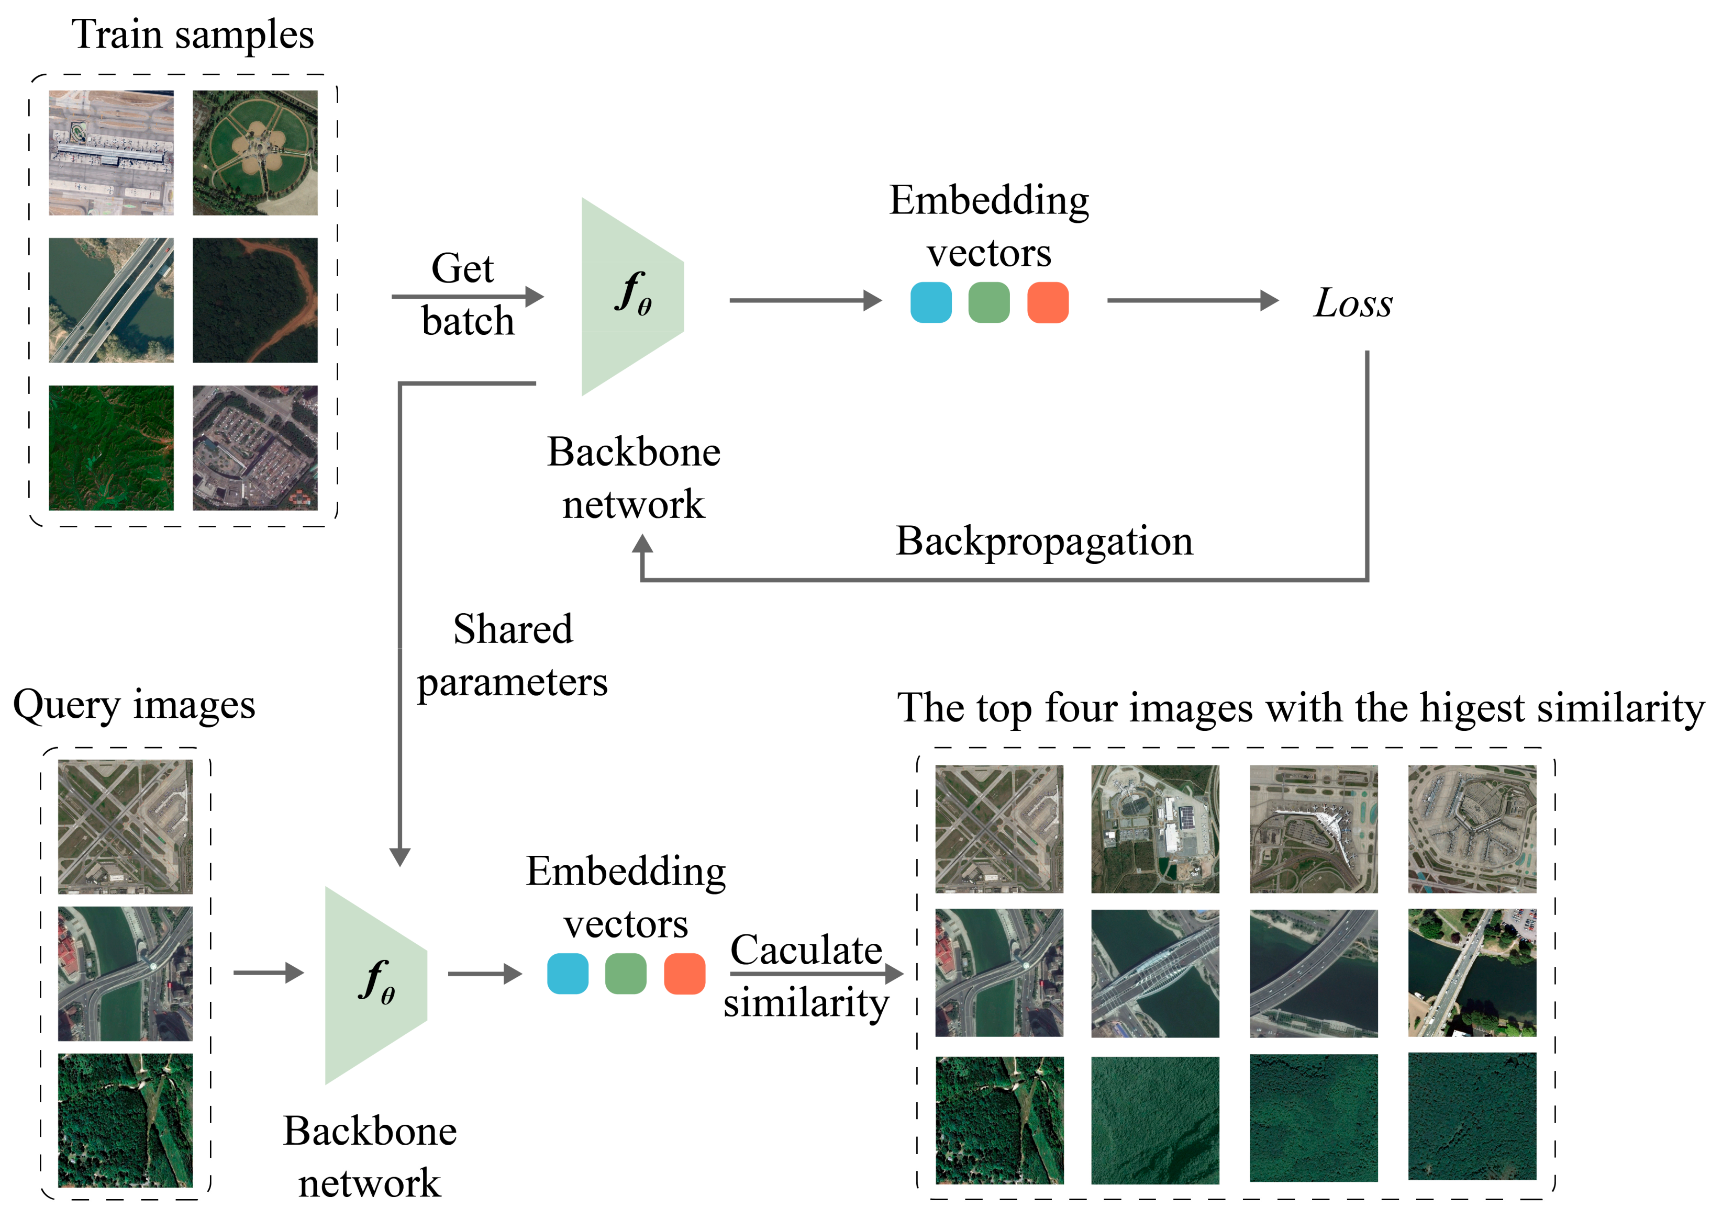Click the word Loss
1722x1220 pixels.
click(x=1352, y=303)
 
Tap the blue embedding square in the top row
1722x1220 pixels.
click(x=930, y=303)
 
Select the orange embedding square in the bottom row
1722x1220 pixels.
click(x=684, y=974)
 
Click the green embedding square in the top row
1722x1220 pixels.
click(x=988, y=303)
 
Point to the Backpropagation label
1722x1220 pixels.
click(x=1043, y=541)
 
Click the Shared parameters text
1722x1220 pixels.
click(x=513, y=655)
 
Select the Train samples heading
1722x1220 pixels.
click(x=193, y=35)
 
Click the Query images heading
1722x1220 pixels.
click(x=134, y=705)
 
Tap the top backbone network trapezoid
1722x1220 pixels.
click(x=632, y=297)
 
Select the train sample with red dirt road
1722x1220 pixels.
click(x=255, y=300)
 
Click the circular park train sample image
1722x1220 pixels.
click(x=255, y=153)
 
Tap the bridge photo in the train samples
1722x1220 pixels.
click(x=111, y=300)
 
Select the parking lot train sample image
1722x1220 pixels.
click(x=255, y=448)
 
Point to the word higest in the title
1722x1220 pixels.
click(x=1473, y=708)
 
